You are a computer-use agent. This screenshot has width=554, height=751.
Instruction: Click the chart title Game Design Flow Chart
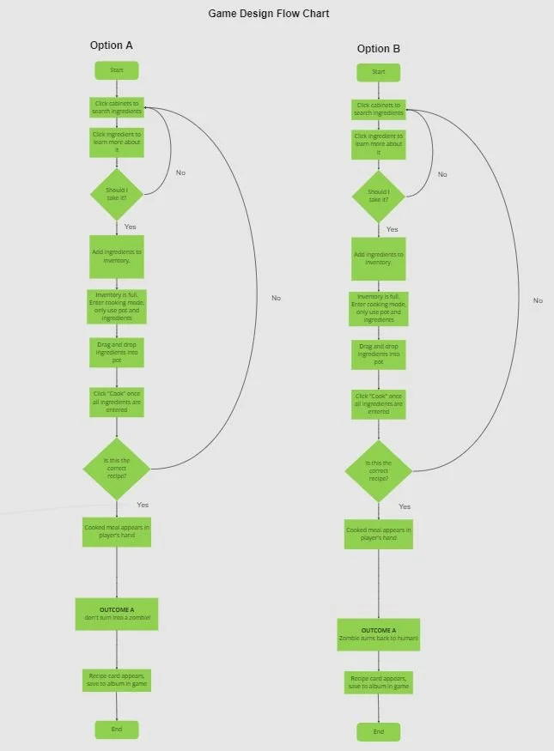pyautogui.click(x=268, y=14)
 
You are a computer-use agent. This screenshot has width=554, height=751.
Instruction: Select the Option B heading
pyautogui.click(x=378, y=49)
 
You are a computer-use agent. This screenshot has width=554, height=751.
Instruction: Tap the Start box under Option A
pyautogui.click(x=116, y=70)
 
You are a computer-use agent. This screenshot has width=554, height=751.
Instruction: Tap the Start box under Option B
pyautogui.click(x=379, y=72)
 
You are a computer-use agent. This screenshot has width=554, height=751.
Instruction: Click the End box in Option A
pyautogui.click(x=116, y=729)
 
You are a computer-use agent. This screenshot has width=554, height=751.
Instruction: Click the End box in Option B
pyautogui.click(x=379, y=731)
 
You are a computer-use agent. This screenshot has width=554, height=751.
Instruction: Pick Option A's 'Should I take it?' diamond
pyautogui.click(x=116, y=193)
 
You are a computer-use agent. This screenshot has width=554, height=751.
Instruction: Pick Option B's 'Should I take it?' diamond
pyautogui.click(x=379, y=196)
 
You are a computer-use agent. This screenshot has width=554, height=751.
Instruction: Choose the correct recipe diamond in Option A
pyautogui.click(x=116, y=468)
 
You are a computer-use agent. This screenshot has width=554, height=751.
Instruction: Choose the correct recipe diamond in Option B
pyautogui.click(x=379, y=471)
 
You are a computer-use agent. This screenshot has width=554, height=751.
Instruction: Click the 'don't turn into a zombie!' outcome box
pyautogui.click(x=116, y=614)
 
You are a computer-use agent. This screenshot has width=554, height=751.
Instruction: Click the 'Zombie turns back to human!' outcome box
pyautogui.click(x=379, y=634)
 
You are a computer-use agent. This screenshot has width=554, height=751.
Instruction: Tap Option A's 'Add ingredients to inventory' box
pyautogui.click(x=116, y=256)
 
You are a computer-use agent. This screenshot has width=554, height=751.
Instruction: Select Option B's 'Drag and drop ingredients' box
pyautogui.click(x=379, y=354)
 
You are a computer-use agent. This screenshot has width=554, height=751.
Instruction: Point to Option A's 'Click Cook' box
pyautogui.click(x=116, y=402)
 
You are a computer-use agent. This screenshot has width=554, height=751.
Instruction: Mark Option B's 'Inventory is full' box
pyautogui.click(x=379, y=309)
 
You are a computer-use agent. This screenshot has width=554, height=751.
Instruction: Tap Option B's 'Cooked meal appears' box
pyautogui.click(x=379, y=534)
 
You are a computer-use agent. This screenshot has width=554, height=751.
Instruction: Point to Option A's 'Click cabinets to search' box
pyautogui.click(x=116, y=107)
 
